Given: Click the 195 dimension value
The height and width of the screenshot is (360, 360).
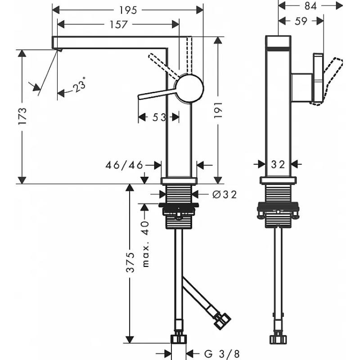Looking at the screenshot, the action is point(128,10).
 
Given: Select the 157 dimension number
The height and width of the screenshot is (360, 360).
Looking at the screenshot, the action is point(118,24).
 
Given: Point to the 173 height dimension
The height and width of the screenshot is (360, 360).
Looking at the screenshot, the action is point(22,116).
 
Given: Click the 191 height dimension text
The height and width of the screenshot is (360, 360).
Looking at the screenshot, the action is point(218,110).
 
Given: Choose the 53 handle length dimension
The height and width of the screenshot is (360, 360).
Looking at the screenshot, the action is point(159,117).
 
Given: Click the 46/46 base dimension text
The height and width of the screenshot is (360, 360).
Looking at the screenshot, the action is point(124,165).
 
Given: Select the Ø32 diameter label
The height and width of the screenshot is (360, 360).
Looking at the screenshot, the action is point(225,195).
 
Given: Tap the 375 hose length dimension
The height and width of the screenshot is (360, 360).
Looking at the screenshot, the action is point(130,262).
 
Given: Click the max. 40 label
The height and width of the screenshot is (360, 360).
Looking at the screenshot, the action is point(146,244).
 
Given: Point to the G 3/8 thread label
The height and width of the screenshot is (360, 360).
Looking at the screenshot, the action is point(222,353).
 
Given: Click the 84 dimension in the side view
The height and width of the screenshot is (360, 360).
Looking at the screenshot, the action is point(310,6).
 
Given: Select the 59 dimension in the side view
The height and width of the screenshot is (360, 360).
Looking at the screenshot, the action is point(301,21).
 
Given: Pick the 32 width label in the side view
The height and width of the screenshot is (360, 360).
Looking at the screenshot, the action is point(278,164).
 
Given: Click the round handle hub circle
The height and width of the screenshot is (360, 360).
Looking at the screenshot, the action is point(189,88).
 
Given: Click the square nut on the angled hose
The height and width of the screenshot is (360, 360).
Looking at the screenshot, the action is point(222,321).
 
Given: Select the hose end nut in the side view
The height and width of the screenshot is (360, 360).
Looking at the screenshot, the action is point(278,339).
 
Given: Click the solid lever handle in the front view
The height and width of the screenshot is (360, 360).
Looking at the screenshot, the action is point(157,94).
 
